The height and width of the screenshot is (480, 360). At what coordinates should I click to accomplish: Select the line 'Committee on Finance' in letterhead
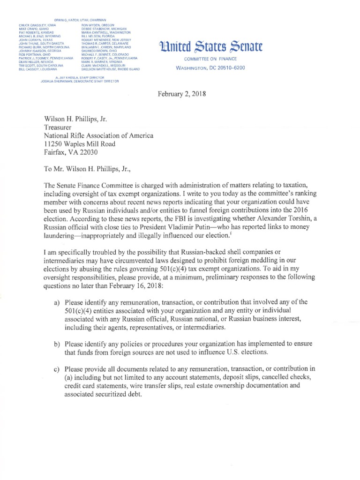point(210,59)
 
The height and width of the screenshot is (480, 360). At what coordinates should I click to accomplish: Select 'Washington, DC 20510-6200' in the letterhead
point(210,67)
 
